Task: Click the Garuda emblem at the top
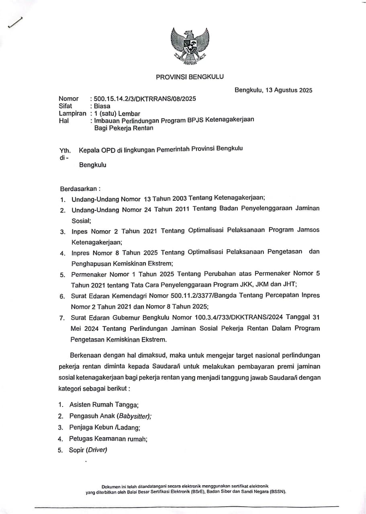click(x=190, y=45)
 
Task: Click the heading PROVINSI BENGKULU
click(x=190, y=77)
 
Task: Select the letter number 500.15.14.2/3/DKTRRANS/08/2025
click(x=145, y=99)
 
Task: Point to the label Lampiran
click(x=72, y=114)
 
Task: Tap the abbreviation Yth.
click(x=65, y=151)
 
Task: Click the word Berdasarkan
click(x=79, y=188)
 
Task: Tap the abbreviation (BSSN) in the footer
click(x=278, y=492)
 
